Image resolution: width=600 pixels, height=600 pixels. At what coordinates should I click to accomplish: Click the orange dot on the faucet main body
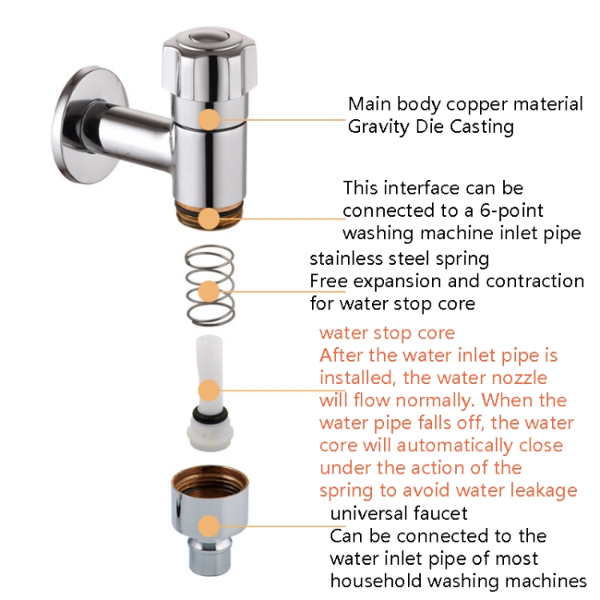[209, 119]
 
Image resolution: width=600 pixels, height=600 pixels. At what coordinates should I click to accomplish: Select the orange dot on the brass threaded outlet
[209, 218]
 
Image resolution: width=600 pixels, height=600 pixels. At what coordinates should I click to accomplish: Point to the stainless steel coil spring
[210, 285]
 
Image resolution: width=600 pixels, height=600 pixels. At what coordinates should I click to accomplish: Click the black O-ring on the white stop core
[210, 413]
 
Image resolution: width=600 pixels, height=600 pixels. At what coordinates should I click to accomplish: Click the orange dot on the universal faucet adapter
[209, 526]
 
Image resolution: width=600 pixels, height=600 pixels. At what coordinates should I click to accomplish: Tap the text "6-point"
[511, 211]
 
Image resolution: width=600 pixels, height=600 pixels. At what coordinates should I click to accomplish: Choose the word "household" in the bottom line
[375, 581]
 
